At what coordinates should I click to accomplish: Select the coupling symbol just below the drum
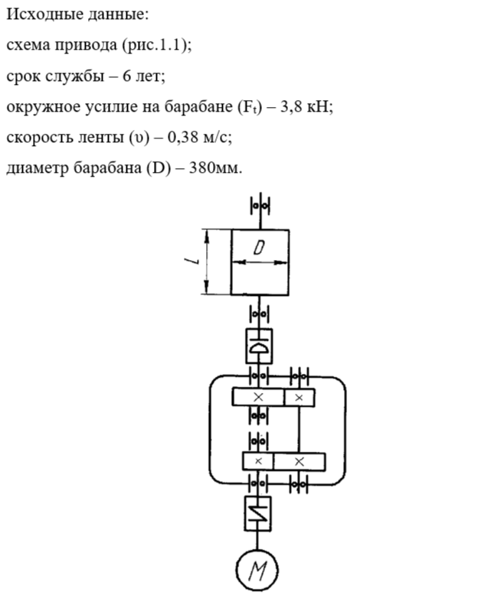pos(257,347)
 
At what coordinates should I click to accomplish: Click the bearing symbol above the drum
pos(260,206)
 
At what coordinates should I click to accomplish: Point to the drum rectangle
pos(259,262)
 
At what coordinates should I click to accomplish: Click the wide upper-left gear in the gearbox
pos(257,398)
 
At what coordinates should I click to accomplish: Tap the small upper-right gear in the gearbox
pos(299,398)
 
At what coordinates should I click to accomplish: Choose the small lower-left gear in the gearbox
pos(258,461)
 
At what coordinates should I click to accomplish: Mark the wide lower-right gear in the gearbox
pos(299,461)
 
